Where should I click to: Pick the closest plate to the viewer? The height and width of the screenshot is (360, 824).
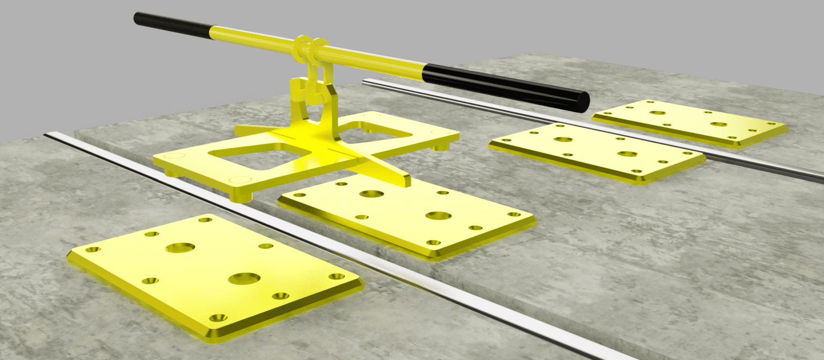[x=215, y=276]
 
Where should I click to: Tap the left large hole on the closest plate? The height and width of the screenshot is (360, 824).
[x=180, y=248]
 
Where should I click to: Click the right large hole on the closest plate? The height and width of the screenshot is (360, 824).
[x=244, y=278]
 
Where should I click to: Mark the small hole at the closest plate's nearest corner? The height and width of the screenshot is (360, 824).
[x=217, y=318]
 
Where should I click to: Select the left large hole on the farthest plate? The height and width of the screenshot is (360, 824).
[x=657, y=113]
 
